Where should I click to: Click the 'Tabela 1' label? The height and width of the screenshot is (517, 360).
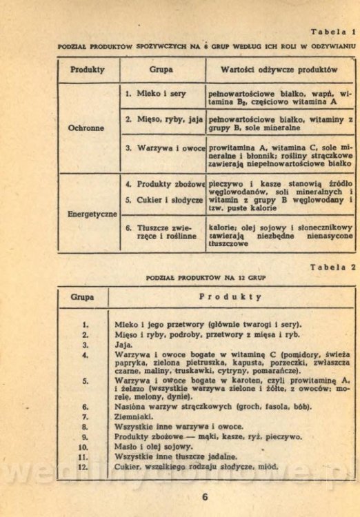tap(333, 32)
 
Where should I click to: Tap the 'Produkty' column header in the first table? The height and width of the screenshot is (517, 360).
tap(88, 70)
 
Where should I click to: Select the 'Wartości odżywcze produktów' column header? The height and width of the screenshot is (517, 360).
tap(279, 70)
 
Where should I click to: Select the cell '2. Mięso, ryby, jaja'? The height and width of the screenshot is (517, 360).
tap(163, 119)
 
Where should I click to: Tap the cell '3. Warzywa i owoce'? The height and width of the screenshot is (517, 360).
tap(165, 148)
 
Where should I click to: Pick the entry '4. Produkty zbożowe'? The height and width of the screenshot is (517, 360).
tap(165, 184)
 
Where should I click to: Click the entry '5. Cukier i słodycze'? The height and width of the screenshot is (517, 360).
tap(164, 200)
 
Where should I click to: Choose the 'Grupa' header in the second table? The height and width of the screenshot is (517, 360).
tap(82, 297)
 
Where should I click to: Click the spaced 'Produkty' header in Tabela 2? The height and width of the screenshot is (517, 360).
tap(231, 297)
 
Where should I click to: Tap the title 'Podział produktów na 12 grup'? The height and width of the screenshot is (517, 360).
tap(206, 278)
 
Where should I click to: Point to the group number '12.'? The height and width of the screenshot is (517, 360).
tap(83, 467)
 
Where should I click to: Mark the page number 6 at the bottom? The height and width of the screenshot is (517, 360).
tap(205, 496)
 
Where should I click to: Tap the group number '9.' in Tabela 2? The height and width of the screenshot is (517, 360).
tap(85, 436)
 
